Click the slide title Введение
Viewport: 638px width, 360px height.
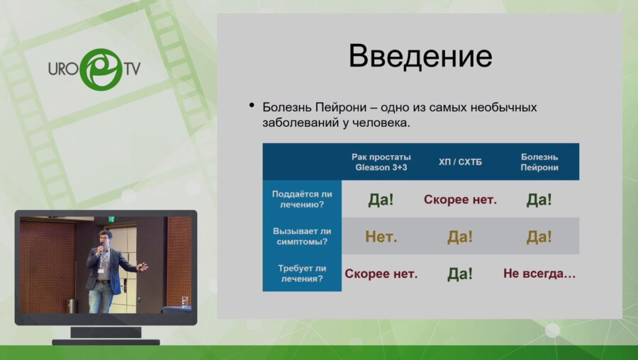(x=420, y=56)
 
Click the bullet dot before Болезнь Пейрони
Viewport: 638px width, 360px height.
(x=251, y=106)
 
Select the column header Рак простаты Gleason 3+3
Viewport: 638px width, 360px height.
(x=381, y=162)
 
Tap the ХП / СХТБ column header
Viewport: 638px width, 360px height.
(x=459, y=162)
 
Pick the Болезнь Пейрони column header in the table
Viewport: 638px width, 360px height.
(x=539, y=162)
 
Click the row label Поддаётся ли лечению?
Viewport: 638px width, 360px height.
(x=302, y=199)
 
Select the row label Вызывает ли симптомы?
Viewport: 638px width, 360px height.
(x=302, y=237)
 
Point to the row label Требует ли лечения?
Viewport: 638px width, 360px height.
(x=302, y=274)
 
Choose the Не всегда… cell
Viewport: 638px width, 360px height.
(x=539, y=274)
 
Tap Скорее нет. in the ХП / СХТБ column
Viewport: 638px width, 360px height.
(x=460, y=200)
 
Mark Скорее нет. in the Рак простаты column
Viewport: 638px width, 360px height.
(x=381, y=274)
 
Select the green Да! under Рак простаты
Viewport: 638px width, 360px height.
(x=381, y=200)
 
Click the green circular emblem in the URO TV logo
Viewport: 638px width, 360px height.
(x=99, y=69)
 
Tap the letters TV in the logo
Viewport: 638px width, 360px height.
(x=132, y=69)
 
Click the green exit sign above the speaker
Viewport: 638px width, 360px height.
(x=111, y=220)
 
